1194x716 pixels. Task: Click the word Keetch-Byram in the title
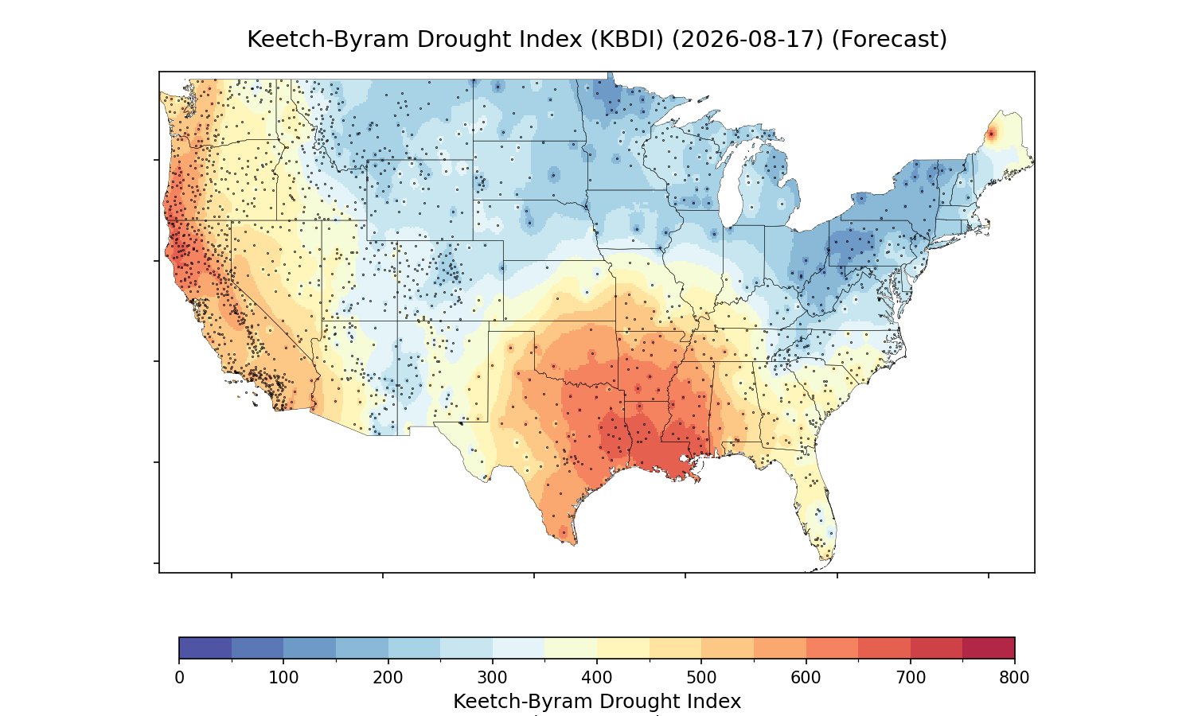point(329,40)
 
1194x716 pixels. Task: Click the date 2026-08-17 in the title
point(748,40)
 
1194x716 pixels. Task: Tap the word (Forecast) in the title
point(889,40)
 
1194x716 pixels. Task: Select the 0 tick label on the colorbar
point(179,678)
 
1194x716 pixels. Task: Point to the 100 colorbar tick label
point(283,678)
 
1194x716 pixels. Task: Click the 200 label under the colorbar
point(388,678)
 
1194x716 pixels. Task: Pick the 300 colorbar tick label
point(493,678)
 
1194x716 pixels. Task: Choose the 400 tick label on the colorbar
point(597,678)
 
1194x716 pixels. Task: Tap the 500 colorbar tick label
point(701,678)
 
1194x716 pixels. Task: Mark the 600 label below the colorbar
point(806,678)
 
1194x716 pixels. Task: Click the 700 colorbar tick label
point(911,678)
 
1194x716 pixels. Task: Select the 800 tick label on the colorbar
point(1014,678)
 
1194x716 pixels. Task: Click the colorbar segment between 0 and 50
point(205,648)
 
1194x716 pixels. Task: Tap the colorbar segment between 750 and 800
point(989,648)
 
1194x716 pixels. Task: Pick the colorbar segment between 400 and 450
point(623,648)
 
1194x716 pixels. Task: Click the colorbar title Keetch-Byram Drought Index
point(597,702)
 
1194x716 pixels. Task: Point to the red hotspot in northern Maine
point(991,134)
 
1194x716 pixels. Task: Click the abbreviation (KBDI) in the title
point(627,40)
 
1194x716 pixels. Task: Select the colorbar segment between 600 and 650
point(832,648)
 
